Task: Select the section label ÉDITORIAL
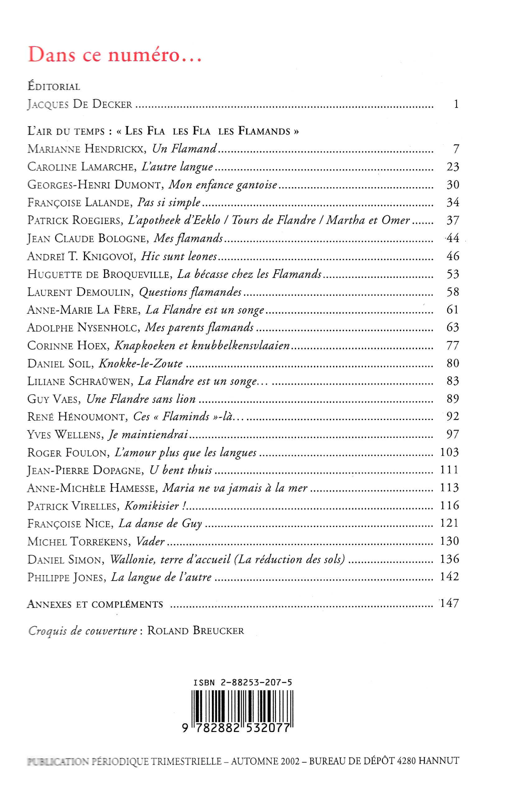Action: click(54, 87)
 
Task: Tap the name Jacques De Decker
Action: click(80, 105)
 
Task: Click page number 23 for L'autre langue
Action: click(453, 167)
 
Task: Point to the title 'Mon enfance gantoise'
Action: click(223, 185)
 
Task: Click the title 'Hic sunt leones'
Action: click(179, 256)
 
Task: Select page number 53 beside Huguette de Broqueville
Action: click(453, 274)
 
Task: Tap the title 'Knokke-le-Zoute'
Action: click(141, 363)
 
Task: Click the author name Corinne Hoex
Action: click(67, 346)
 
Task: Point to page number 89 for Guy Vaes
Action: click(453, 399)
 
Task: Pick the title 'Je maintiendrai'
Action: click(148, 435)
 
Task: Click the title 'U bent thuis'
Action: click(181, 470)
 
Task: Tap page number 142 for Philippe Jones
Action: click(449, 577)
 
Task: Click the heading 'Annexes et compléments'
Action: click(95, 604)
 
